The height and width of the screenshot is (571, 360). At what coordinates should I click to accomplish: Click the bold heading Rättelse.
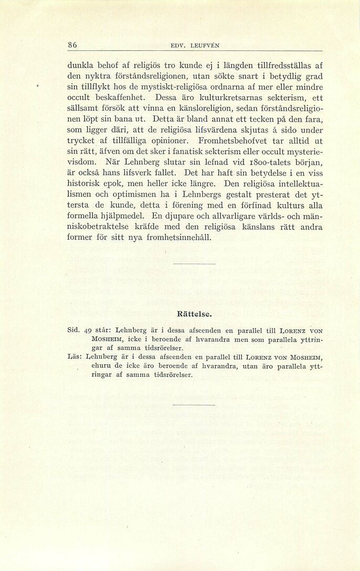194,315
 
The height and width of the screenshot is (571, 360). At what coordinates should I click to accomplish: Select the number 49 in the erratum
88,331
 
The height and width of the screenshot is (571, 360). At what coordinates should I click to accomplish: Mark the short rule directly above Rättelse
194,263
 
